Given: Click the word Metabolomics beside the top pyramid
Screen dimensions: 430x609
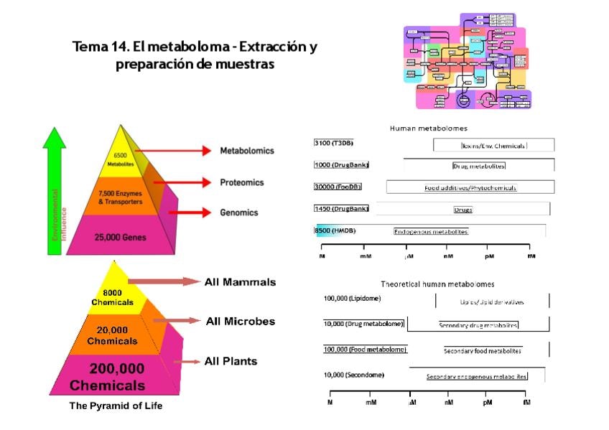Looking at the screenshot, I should pos(246,151).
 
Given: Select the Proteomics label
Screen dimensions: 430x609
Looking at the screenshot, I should pos(241,182).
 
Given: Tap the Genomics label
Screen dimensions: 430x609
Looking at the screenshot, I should pos(239,212).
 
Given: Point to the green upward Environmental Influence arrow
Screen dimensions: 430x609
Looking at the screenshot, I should pos(55,194).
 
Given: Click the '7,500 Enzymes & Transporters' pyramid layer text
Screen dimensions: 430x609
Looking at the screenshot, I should pos(120,197).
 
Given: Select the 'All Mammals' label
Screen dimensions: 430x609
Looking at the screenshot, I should pos(240,282).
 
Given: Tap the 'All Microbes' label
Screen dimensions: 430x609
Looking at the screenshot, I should pos(240,321).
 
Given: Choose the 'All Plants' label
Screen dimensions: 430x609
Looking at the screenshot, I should pos(231,361).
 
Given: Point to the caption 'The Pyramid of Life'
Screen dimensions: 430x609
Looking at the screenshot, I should pos(116,406).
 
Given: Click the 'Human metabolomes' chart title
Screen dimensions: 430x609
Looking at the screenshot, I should pos(428,128).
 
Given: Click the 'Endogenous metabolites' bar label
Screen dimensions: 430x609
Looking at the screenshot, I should pos(431,231).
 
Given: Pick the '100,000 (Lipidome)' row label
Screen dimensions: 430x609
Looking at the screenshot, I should pos(352,298).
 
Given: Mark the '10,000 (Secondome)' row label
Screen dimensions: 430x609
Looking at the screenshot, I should pos(353,375).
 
